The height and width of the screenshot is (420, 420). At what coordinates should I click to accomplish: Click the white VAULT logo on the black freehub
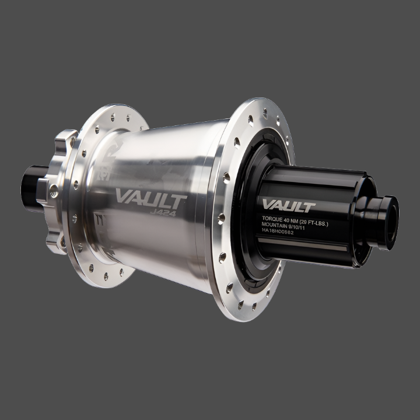tap(288, 205)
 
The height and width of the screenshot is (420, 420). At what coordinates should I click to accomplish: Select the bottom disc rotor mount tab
tap(57, 243)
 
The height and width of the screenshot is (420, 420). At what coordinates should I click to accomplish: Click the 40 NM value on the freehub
tap(297, 219)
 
